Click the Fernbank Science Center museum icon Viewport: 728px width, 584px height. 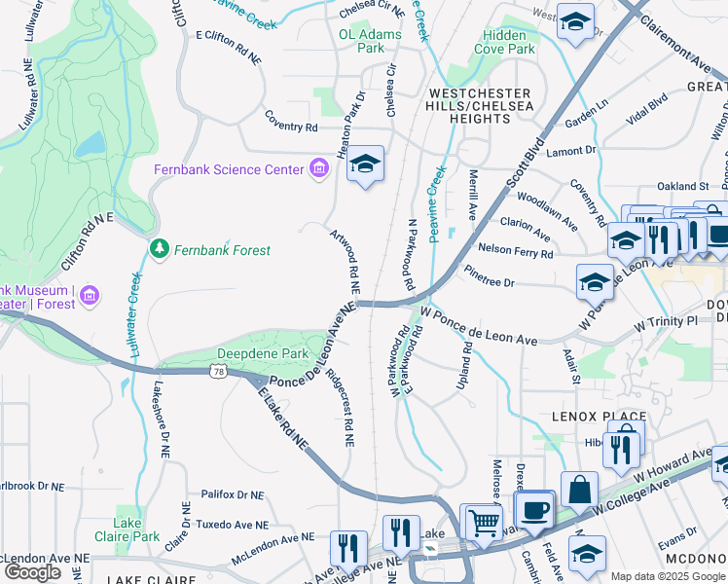click(x=318, y=170)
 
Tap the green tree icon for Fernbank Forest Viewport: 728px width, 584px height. click(x=159, y=250)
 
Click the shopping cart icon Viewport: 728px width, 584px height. click(x=484, y=523)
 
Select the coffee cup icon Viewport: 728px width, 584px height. click(x=534, y=509)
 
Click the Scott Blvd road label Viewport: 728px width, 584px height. click(x=520, y=166)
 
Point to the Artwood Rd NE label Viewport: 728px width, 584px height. click(x=346, y=261)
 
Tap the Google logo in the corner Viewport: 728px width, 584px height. click(x=32, y=572)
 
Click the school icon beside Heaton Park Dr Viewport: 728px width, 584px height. click(x=366, y=164)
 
